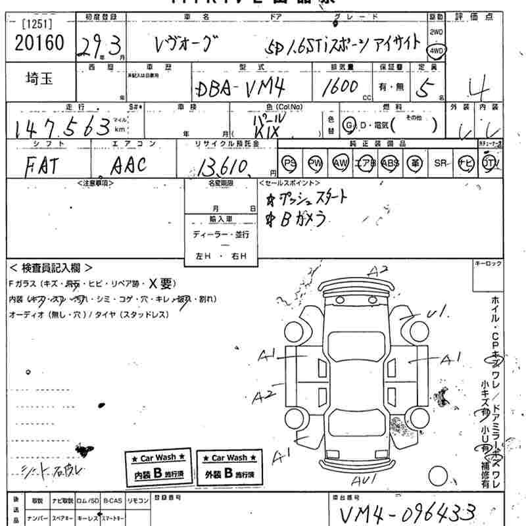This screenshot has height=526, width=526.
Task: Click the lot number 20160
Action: click(x=39, y=44)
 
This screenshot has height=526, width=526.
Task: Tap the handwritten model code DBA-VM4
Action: click(x=239, y=89)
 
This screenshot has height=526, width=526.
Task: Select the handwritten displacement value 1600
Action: click(x=341, y=87)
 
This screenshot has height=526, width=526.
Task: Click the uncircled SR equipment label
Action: click(x=440, y=162)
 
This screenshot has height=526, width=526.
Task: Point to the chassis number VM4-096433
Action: click(x=408, y=512)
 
